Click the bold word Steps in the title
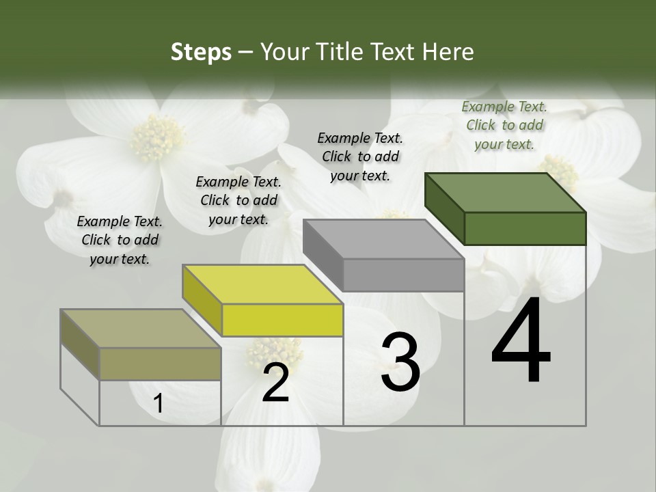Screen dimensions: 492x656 pos(200,52)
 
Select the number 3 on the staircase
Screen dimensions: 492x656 pos(400,362)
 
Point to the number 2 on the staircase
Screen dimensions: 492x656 pos(275,383)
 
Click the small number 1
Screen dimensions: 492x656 pos(158,404)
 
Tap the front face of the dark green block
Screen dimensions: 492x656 pos(525,228)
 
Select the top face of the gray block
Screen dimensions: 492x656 pos(383,239)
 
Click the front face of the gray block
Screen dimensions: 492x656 pos(403,275)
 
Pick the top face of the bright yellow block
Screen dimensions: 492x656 pos(262,284)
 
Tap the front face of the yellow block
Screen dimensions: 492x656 pos(282,320)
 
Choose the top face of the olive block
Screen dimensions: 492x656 pos(140,329)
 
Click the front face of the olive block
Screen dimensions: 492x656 pos(160,364)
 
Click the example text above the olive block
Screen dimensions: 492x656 pos(120,240)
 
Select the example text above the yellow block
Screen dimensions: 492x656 pos(238,200)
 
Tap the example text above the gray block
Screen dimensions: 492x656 pos(360,156)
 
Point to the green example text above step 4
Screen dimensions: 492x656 pos(504,125)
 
